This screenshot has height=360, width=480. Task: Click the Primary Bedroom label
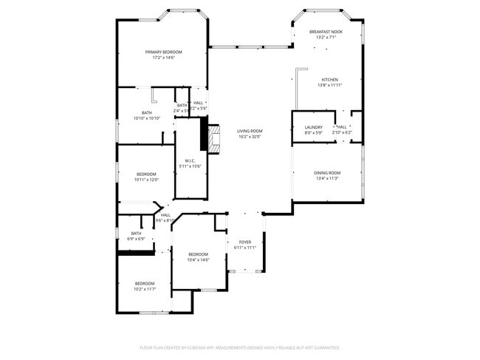pos(163,52)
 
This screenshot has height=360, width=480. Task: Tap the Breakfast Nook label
pos(326,32)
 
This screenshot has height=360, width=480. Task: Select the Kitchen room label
pos(329,80)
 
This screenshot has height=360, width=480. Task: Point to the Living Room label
pos(250,131)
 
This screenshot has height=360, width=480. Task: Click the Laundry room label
pos(313,127)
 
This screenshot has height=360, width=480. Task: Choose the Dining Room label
pos(326,173)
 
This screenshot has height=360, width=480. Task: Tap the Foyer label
pos(244,242)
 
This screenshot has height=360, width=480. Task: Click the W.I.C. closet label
pos(190,160)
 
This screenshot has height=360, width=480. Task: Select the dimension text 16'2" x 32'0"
pos(250,137)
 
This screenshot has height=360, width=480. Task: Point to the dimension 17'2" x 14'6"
pos(163,58)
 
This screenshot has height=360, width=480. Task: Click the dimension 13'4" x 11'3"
pos(326,179)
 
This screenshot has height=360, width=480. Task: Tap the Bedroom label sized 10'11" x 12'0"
pos(145,174)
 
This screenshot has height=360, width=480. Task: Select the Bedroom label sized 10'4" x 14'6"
pos(198,254)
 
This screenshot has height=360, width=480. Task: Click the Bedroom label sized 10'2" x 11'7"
pos(144,283)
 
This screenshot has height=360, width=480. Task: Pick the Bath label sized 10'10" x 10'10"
pos(147,112)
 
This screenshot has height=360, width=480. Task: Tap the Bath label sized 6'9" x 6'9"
pos(136,234)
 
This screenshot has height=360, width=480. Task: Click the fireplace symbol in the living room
pos(213,139)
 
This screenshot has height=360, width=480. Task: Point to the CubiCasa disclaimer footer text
pos(239,347)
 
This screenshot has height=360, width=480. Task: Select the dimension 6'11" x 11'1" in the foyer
pos(244,248)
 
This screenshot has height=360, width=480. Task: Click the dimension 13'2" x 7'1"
pos(326,38)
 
